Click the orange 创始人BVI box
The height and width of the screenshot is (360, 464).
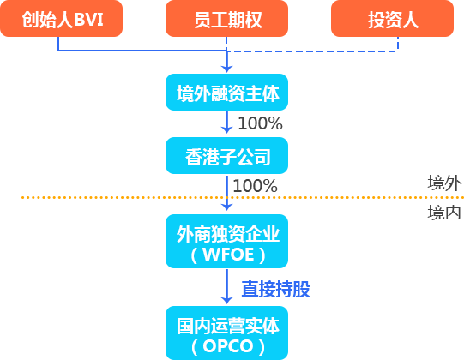(x=62, y=19)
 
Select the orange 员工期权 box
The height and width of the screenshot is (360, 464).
(x=226, y=19)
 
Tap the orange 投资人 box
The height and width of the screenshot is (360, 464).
(x=395, y=19)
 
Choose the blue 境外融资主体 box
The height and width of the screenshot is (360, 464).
(x=226, y=92)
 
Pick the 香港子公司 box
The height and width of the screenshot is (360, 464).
(x=226, y=156)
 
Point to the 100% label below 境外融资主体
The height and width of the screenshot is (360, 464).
(x=260, y=123)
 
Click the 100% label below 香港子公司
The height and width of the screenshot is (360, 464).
(x=255, y=186)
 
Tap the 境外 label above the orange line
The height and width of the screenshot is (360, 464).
(x=443, y=183)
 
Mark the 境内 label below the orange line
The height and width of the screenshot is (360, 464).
(x=443, y=213)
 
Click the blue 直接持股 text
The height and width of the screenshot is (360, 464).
(x=274, y=290)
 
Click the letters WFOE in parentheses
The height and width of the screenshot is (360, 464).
(x=227, y=255)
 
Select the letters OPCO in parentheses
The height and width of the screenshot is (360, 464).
(x=227, y=347)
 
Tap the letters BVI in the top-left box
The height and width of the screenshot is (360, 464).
(x=87, y=19)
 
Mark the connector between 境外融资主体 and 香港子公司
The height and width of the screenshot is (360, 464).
(x=226, y=123)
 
